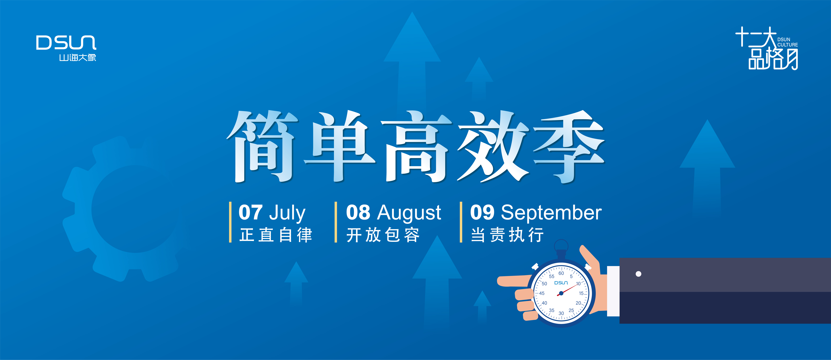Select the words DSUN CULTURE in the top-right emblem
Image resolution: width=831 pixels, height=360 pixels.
(787, 42)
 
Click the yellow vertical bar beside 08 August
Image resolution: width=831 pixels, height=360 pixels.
(336, 222)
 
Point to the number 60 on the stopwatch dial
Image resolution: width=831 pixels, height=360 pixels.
(561, 273)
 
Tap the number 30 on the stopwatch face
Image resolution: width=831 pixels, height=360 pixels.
(561, 313)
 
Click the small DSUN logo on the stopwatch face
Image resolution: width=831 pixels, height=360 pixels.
(561, 283)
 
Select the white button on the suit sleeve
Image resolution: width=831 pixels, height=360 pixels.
(638, 274)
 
